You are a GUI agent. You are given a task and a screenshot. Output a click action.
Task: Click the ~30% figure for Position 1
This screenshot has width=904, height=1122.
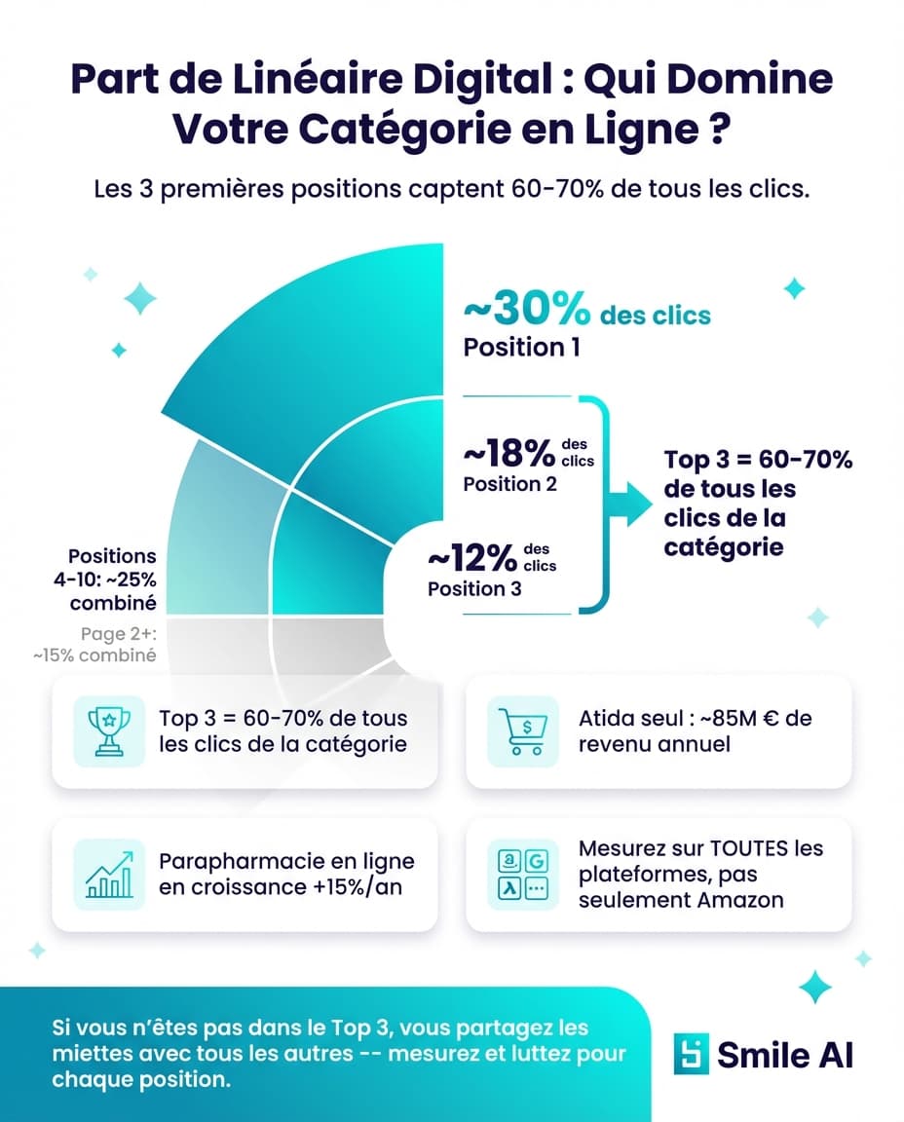pyautogui.click(x=526, y=311)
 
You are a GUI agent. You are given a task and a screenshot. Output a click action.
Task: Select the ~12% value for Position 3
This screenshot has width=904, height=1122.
pyautogui.click(x=471, y=559)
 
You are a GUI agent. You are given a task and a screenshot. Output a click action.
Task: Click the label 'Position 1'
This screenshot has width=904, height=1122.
pyautogui.click(x=521, y=347)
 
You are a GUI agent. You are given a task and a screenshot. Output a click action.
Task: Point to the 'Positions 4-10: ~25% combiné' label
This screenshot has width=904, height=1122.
pyautogui.click(x=112, y=579)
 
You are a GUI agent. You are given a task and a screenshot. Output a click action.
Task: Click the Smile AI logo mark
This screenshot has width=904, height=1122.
pyautogui.click(x=691, y=1055)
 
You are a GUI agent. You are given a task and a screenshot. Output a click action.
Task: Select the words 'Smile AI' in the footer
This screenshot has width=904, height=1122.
pyautogui.click(x=785, y=1055)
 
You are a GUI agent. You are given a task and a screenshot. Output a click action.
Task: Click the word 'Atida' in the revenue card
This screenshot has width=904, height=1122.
pyautogui.click(x=604, y=719)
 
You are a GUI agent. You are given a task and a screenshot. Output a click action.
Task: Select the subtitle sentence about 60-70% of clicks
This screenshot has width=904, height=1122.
pyautogui.click(x=451, y=189)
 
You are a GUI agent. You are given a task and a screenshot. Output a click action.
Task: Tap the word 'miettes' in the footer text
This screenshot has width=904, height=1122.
pyautogui.click(x=87, y=1055)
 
